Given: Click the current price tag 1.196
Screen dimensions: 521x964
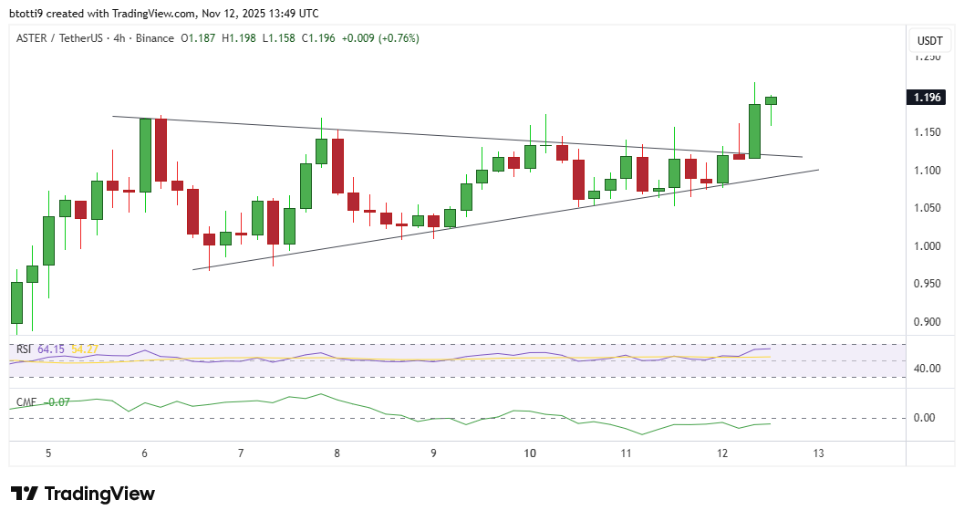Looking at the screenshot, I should pyautogui.click(x=929, y=98).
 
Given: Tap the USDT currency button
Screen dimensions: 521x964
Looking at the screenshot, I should pyautogui.click(x=929, y=40).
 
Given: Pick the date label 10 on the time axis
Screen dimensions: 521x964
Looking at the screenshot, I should pyautogui.click(x=529, y=453).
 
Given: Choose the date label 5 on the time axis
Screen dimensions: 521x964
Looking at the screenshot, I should pyautogui.click(x=47, y=453).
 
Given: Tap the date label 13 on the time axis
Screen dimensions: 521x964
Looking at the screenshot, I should pyautogui.click(x=819, y=453).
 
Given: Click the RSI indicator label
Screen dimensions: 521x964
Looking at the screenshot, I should pyautogui.click(x=25, y=349).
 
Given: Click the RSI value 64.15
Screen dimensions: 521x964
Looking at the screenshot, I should pyautogui.click(x=52, y=349).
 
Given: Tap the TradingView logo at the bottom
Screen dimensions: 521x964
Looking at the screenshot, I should pyautogui.click(x=83, y=494).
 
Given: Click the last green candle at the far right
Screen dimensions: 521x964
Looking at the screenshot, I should pyautogui.click(x=771, y=100).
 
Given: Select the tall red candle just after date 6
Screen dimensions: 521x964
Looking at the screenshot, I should pyautogui.click(x=161, y=151).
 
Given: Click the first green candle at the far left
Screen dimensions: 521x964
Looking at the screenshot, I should pyautogui.click(x=16, y=302).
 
